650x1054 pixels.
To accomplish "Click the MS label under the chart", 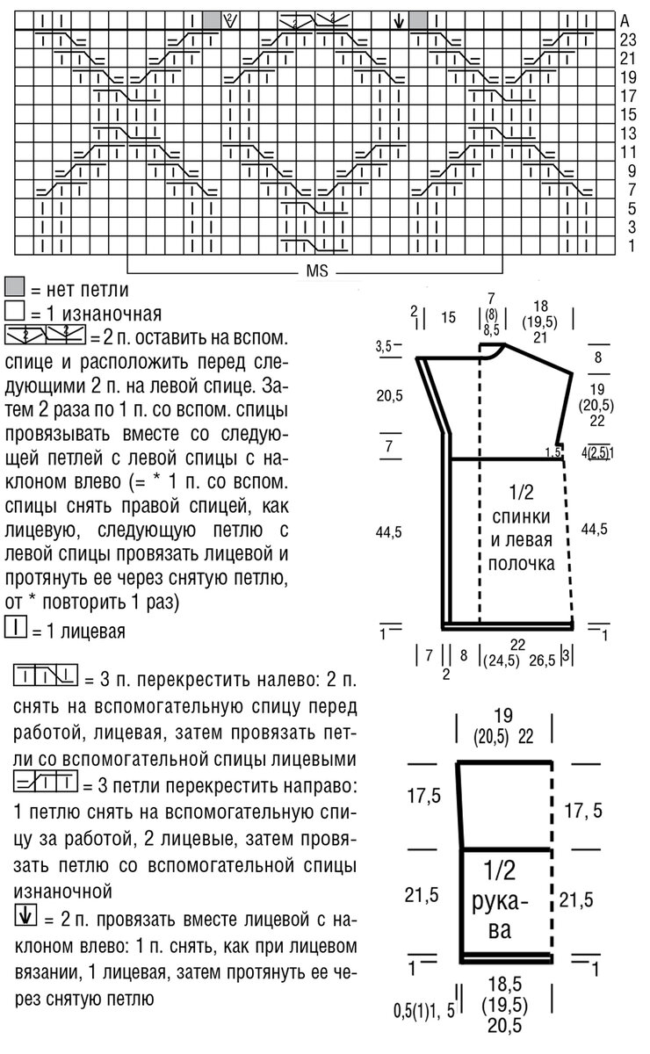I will (x=317, y=272).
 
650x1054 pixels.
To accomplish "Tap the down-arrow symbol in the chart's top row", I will (x=400, y=19).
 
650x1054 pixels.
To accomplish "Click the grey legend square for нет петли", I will (x=13, y=288).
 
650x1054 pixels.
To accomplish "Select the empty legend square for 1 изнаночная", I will (x=13, y=311).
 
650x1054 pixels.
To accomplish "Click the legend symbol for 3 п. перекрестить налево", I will (x=46, y=676).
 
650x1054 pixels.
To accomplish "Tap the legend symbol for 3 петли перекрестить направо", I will (x=46, y=781).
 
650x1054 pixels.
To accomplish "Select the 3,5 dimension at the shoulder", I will (x=383, y=348).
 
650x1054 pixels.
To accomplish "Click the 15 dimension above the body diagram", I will (x=449, y=319).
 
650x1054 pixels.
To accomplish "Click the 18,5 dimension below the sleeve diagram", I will (x=502, y=988).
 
